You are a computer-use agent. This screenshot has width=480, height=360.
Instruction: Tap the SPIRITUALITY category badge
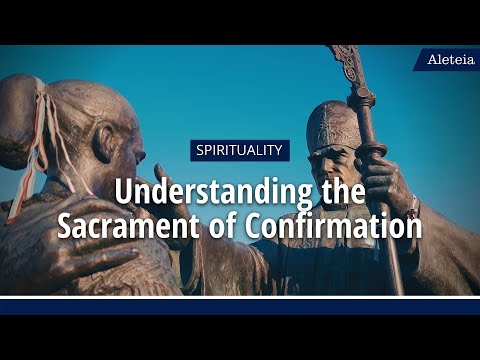(240, 151)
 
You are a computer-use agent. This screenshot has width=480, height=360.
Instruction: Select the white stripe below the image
(240, 298)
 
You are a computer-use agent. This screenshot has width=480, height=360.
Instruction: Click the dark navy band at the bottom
(240, 308)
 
